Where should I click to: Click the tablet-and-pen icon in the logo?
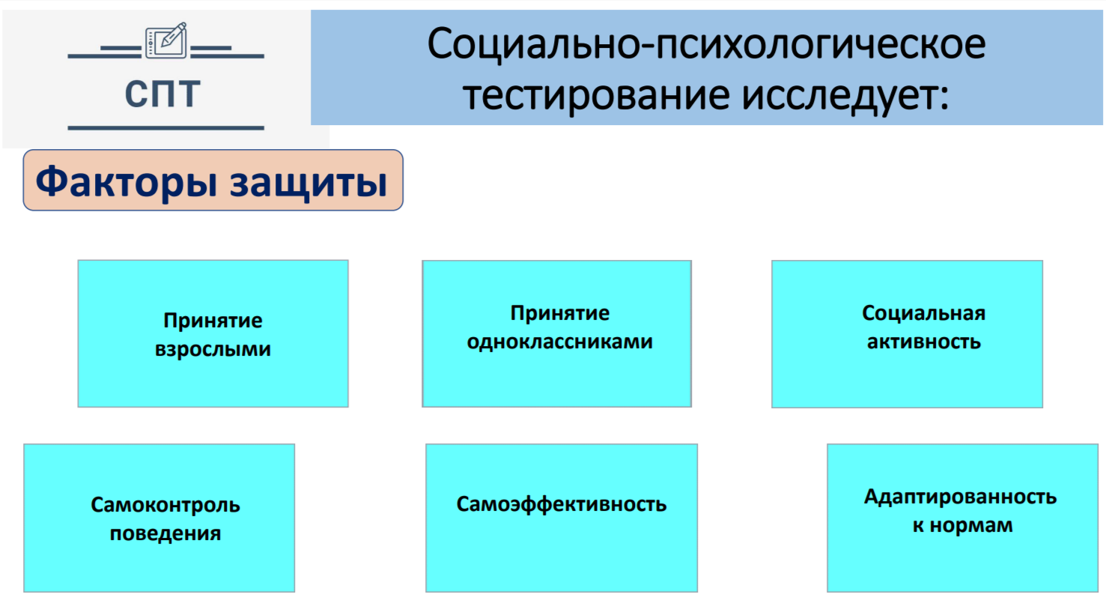(166, 40)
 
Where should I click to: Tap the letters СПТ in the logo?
(162, 93)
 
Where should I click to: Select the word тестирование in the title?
(596, 95)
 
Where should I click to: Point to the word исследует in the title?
(839, 95)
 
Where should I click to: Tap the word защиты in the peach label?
(309, 184)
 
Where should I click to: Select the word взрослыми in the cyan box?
(213, 350)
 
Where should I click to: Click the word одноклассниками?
(559, 342)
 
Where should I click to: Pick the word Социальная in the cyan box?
(924, 313)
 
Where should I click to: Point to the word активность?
(924, 342)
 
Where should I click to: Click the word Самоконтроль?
(165, 506)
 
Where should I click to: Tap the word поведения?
(165, 533)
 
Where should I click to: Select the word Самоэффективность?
(562, 504)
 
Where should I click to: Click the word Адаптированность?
(960, 497)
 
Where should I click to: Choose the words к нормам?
(962, 525)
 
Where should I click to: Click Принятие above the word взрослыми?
(213, 321)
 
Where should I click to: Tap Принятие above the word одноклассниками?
(560, 313)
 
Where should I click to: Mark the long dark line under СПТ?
(166, 128)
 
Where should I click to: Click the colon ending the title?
(944, 97)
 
